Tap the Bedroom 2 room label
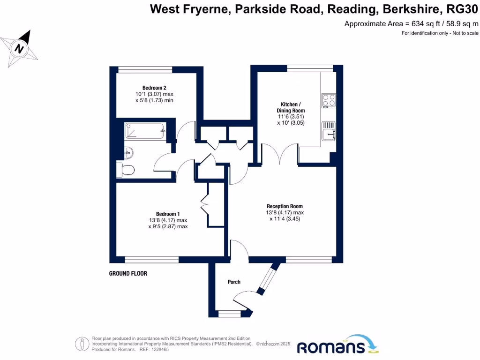coord(155,88)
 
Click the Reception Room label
coord(285,206)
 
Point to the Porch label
coord(234,282)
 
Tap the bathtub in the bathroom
coord(145,131)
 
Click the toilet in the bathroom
coord(126,169)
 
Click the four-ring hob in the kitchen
coord(329,100)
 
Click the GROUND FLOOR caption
coord(128,273)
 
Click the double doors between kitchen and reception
coord(279,154)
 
